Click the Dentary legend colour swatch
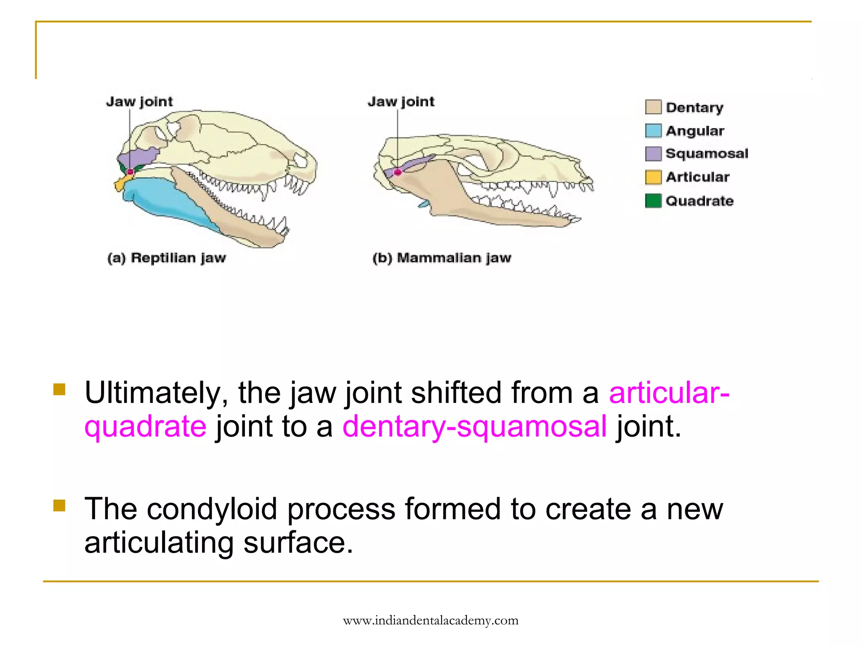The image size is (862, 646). pos(653,107)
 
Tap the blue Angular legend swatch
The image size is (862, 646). pos(653,131)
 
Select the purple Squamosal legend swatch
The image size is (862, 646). pos(653,154)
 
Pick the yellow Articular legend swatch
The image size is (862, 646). pos(653,177)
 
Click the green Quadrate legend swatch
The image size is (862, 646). pos(653,201)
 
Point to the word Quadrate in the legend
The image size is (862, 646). pos(700,201)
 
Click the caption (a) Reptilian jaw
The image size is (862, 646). pos(167,258)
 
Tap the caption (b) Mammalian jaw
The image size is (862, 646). pos(442,258)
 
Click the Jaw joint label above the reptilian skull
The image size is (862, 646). pos(139,102)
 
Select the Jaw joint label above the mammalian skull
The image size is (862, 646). pos(401,102)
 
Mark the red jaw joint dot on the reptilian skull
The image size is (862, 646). pos(130,172)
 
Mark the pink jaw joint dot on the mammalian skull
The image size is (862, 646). pos(397,172)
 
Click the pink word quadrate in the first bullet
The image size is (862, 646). pos(146,426)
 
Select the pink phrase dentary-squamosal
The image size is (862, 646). pos(474,426)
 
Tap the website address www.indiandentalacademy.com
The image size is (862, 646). pos(431,620)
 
